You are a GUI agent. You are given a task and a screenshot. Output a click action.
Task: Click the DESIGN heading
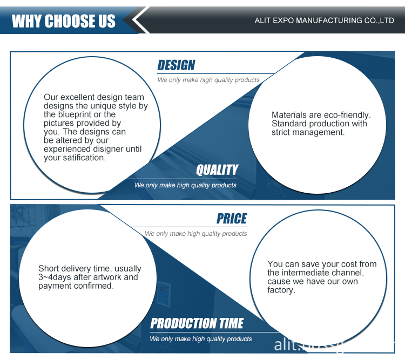pyautogui.click(x=176, y=65)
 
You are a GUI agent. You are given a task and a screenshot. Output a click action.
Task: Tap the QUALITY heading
pyautogui.click(x=217, y=170)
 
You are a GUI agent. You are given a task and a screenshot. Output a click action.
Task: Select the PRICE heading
pyautogui.click(x=232, y=219)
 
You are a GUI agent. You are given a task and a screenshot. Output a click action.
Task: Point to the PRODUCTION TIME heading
pyautogui.click(x=197, y=323)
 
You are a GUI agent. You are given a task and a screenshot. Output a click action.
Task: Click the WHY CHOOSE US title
pyautogui.click(x=64, y=21)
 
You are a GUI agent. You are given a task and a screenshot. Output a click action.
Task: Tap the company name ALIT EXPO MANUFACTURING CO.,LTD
pyautogui.click(x=324, y=21)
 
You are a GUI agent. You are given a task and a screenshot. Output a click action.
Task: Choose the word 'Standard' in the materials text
pyautogui.click(x=289, y=124)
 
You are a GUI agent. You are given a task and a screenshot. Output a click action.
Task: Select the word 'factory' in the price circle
pyautogui.click(x=281, y=290)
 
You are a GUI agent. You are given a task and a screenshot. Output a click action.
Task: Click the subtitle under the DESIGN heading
pyautogui.click(x=208, y=80)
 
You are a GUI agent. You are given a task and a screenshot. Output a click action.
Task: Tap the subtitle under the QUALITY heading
pyautogui.click(x=185, y=185)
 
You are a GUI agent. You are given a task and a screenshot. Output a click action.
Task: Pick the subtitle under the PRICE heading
pyautogui.click(x=195, y=234)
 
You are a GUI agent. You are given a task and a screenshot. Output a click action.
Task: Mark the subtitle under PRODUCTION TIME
pyautogui.click(x=201, y=338)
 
